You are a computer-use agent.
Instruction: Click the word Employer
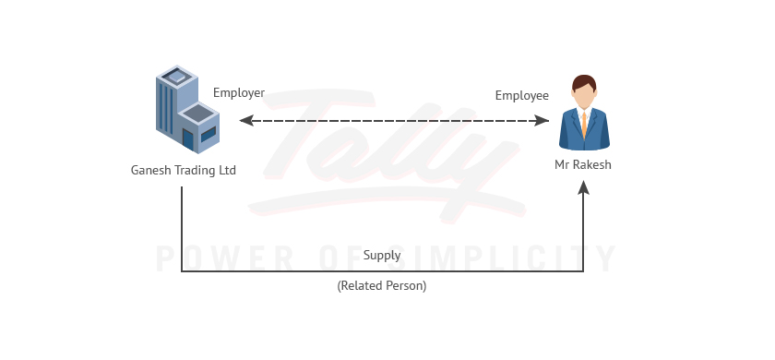coord(239,92)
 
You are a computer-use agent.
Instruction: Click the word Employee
coord(521,95)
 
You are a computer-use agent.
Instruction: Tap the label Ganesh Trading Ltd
coord(184,170)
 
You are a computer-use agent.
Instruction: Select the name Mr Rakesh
coord(584,164)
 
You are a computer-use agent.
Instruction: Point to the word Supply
coord(382,255)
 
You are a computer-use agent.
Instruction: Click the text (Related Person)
coord(382,285)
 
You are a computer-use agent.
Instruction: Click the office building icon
coord(186,108)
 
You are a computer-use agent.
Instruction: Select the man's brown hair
coord(584,82)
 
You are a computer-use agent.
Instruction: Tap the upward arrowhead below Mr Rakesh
coord(584,186)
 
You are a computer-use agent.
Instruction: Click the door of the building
coord(188,140)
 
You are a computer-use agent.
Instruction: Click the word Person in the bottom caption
coord(405,285)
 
